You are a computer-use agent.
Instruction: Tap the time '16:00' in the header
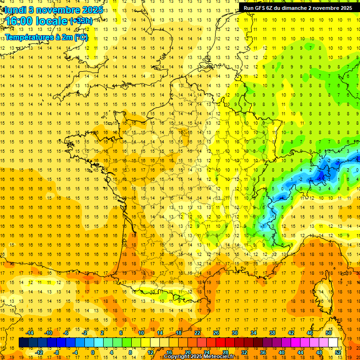click(19, 22)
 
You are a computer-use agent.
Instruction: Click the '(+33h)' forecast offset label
click(81, 21)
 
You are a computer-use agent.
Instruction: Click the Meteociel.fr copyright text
click(202, 357)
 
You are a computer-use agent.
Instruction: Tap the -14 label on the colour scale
click(30, 333)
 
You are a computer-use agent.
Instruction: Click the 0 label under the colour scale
click(92, 352)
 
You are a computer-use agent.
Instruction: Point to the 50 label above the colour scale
click(329, 333)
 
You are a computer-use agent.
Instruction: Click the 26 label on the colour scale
click(216, 333)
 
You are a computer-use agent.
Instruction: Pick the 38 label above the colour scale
click(272, 333)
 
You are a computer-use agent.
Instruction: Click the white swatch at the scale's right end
click(333, 342)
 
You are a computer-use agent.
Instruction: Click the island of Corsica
click(326, 291)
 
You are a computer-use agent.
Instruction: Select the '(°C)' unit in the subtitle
click(80, 37)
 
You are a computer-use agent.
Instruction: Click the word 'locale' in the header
click(52, 22)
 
